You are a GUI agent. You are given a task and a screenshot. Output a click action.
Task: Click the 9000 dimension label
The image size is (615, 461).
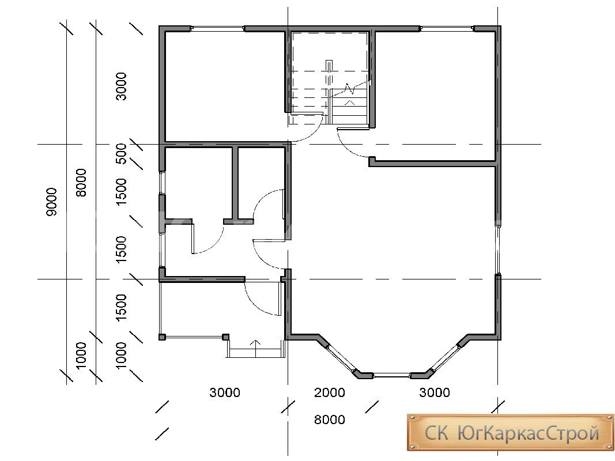click(51, 202)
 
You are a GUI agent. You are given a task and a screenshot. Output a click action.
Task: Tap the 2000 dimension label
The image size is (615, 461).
click(330, 392)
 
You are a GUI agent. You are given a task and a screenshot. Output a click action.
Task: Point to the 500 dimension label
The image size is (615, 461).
click(122, 154)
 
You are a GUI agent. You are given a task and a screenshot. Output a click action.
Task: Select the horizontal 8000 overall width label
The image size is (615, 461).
click(330, 420)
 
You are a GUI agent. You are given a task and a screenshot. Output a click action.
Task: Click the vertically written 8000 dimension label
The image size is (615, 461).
click(81, 183)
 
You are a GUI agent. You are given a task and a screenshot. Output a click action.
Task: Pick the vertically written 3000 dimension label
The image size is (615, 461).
click(122, 86)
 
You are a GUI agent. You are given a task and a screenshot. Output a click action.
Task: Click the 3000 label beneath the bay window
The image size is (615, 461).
click(435, 392)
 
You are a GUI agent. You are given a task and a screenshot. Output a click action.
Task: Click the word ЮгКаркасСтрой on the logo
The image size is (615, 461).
click(529, 433)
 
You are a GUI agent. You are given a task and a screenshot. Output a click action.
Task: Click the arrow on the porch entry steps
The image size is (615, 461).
click(255, 349)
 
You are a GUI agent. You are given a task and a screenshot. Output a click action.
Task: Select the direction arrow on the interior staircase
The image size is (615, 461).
click(350, 103)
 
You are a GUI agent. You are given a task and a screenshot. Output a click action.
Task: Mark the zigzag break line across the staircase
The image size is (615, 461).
click(350, 89)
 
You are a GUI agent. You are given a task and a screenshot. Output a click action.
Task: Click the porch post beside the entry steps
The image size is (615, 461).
click(225, 337)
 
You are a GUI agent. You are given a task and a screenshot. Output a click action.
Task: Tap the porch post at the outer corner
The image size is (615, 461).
click(161, 337)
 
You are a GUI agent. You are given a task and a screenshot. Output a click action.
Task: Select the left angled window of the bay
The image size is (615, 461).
click(341, 358)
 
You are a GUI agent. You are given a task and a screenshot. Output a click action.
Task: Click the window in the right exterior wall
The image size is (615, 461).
click(498, 250)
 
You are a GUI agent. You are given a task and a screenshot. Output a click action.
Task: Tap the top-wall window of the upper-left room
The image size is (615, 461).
click(218, 28)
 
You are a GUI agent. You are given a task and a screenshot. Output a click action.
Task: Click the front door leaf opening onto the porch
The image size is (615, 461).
click(280, 298)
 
